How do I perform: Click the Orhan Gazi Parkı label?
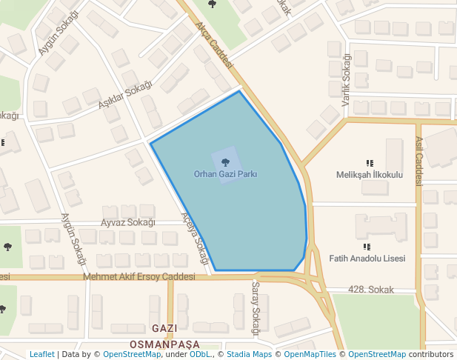[225, 174]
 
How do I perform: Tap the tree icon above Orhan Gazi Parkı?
[225, 161]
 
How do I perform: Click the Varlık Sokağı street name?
[346, 80]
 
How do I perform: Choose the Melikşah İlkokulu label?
[369, 175]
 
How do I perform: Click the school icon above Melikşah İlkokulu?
[369, 163]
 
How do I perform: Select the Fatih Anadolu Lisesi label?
[367, 259]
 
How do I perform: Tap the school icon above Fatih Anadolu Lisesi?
[367, 247]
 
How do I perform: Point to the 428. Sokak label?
[370, 290]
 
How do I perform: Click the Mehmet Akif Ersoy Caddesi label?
[139, 276]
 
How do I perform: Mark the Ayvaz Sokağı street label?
[127, 222]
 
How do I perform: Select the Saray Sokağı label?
[256, 308]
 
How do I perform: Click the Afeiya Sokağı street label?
[195, 239]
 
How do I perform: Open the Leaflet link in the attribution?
[41, 355]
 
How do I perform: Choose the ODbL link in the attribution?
[200, 355]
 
